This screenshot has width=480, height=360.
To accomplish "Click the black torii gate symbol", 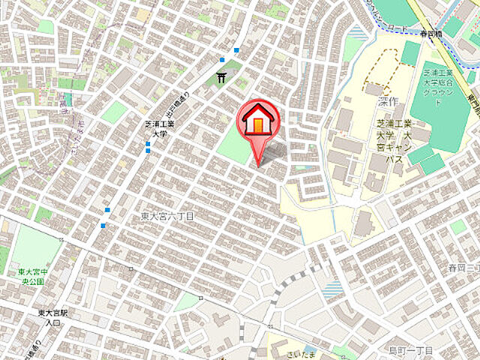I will (x=221, y=76).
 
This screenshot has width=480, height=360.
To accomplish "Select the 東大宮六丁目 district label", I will (x=167, y=216).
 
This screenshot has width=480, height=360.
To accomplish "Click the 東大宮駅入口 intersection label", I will (x=52, y=317).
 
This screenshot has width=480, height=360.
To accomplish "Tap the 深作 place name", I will (x=388, y=101).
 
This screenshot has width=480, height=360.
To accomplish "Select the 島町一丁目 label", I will (x=411, y=350).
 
